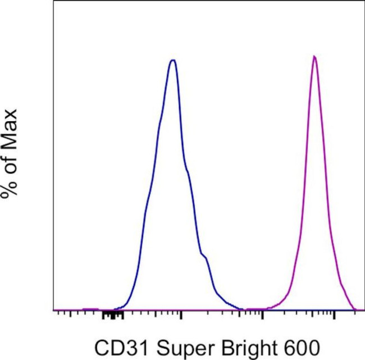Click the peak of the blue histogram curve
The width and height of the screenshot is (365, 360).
[x=173, y=60]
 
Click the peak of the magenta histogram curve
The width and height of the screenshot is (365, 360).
[x=314, y=57]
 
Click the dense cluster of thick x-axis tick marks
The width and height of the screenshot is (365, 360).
[x=112, y=316]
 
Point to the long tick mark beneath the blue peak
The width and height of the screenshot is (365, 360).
[x=181, y=317]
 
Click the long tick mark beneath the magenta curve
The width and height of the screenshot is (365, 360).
[x=335, y=317]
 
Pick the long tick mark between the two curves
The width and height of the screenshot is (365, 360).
[x=262, y=317]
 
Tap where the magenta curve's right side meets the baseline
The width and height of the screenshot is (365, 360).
[x=355, y=308]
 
